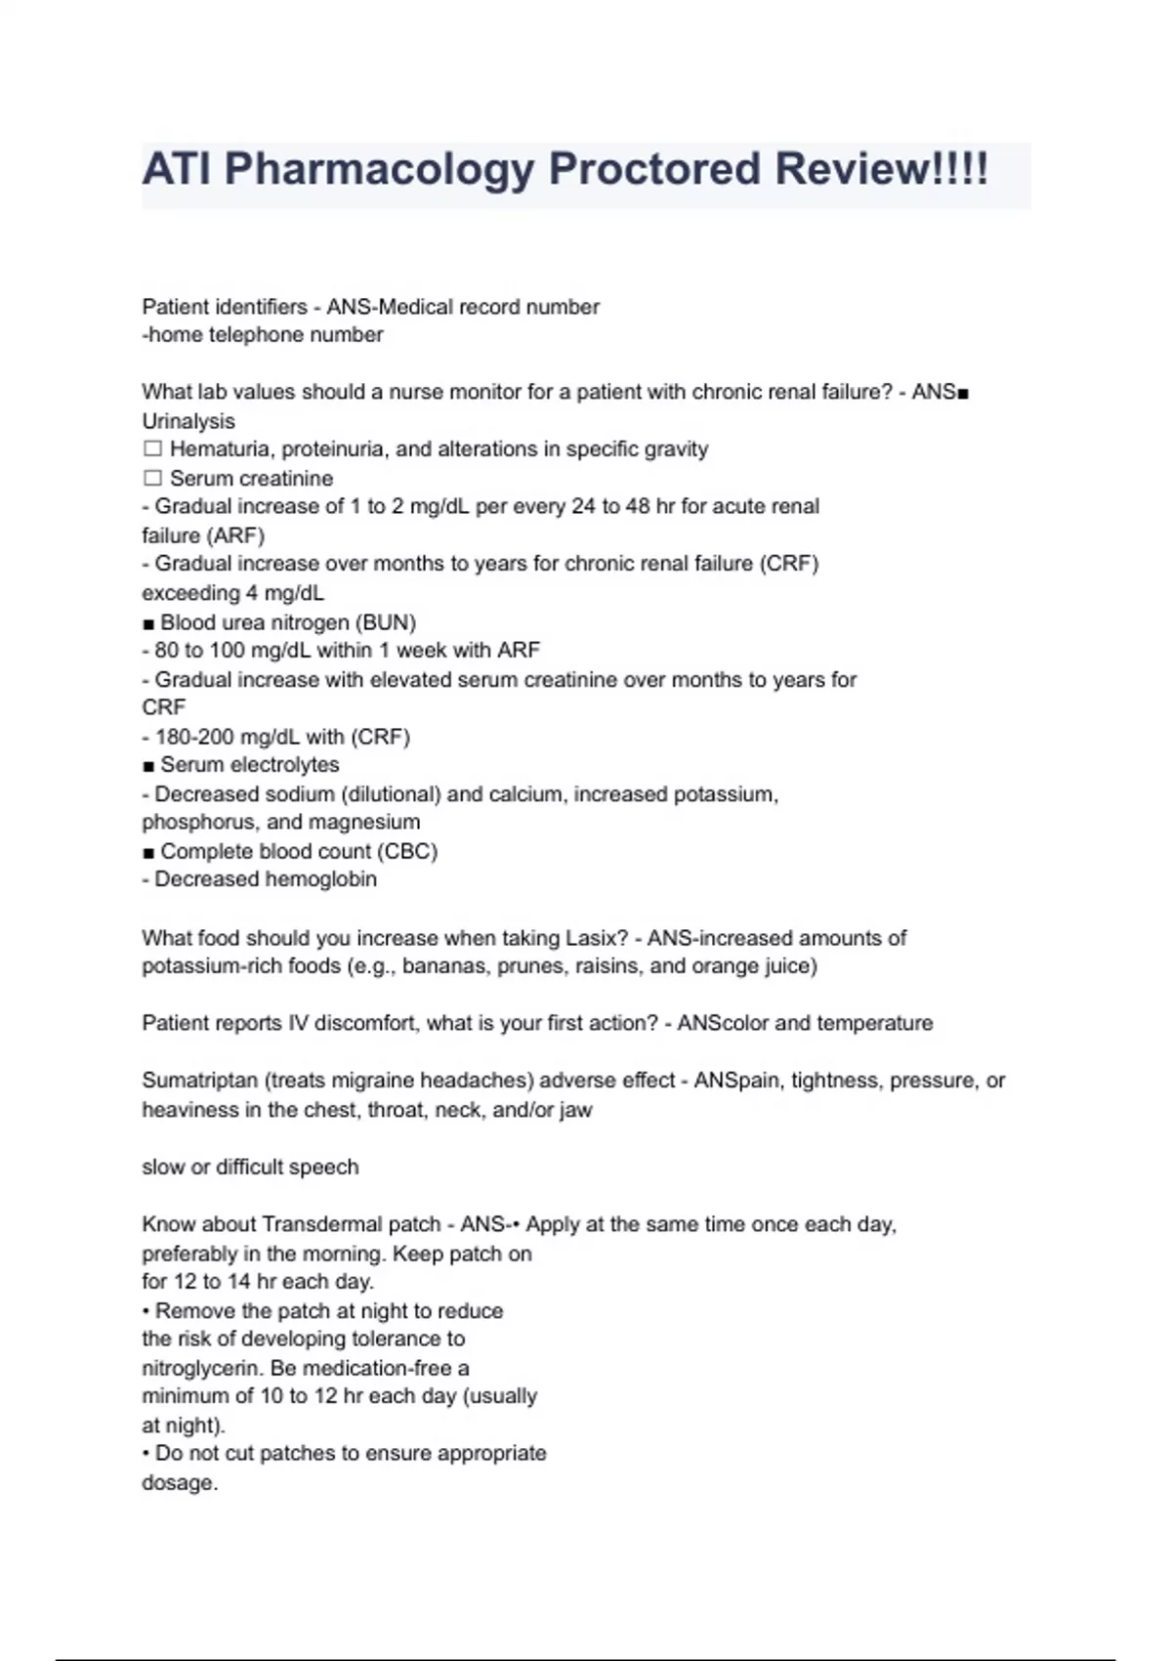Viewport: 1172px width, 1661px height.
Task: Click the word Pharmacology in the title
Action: click(379, 169)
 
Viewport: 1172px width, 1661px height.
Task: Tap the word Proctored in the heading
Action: click(653, 169)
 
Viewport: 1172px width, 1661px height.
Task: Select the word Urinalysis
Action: click(188, 421)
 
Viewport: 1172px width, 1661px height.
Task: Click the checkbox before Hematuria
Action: click(152, 449)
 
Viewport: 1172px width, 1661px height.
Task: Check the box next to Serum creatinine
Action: click(152, 478)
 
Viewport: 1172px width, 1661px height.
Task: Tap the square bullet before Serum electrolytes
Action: click(148, 765)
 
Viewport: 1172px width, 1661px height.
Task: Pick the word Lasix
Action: click(590, 938)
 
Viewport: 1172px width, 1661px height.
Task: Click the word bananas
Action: click(444, 966)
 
